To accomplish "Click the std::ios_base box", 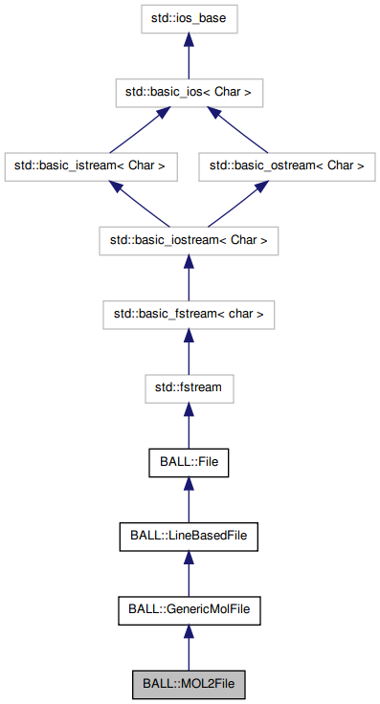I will [x=189, y=17].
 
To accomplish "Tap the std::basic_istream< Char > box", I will [x=90, y=165].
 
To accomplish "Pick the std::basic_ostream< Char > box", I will [x=286, y=165].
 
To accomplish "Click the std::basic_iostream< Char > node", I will [x=189, y=240].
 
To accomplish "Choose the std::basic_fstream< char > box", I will [x=189, y=314].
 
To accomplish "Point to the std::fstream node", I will [x=189, y=388].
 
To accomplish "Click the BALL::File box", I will [x=189, y=462].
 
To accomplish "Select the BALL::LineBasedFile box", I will [x=189, y=536].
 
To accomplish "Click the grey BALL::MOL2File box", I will [x=189, y=684].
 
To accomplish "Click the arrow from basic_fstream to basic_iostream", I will [x=189, y=277].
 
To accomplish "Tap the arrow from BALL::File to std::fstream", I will [x=189, y=426].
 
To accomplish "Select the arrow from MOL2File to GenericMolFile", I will [x=189, y=648].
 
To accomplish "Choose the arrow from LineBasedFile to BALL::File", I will [x=189, y=499].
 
